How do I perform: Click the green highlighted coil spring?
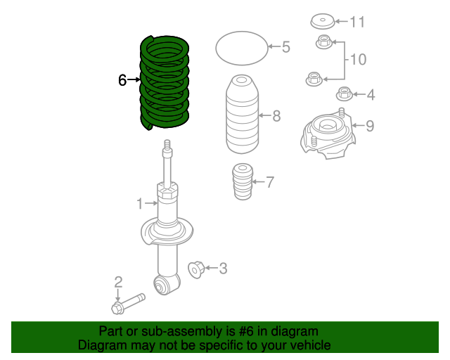pos(165,83)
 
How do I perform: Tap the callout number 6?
pos(122,81)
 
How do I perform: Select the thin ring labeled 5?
pos(240,48)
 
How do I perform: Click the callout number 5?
pos(285,48)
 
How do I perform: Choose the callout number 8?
pos(276,115)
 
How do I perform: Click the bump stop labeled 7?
pos(242,182)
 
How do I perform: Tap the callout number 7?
pos(270,183)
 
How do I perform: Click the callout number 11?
pos(357,22)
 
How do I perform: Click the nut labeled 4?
pos(344,93)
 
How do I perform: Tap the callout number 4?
pos(370,94)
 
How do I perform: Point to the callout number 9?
pos(370,126)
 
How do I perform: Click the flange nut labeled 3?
pos(197,268)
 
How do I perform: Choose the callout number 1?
pos(140,204)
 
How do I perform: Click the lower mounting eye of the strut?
pos(167,284)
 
